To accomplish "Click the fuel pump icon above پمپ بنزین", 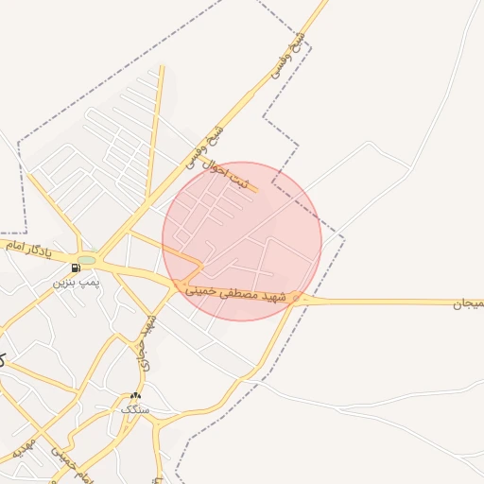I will (x=76, y=268).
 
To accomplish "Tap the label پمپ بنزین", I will (x=75, y=282).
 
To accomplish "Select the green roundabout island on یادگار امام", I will (x=87, y=259).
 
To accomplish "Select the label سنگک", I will (x=134, y=409).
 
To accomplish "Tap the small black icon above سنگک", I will (x=135, y=396).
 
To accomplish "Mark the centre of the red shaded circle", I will (x=242, y=241).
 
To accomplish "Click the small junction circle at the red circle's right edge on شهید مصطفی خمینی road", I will (x=298, y=299).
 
